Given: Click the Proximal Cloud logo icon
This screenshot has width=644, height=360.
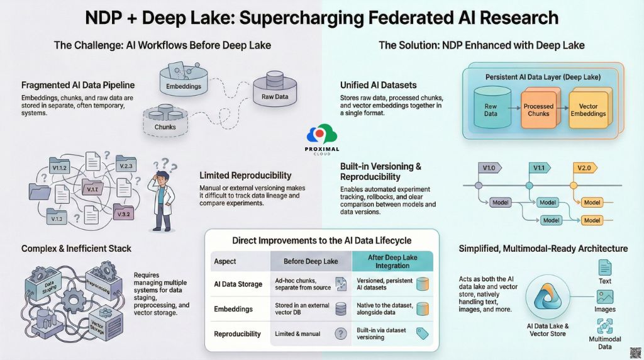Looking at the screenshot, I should tap(321, 135).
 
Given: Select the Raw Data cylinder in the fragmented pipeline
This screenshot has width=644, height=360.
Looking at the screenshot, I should tap(274, 89).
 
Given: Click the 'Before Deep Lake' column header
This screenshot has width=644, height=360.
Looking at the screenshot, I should tap(310, 261).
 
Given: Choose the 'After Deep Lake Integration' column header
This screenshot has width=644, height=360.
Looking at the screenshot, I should tap(392, 261).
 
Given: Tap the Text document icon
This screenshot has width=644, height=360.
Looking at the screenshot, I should tap(604, 267).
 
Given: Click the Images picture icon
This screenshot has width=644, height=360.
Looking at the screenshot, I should tap(604, 297).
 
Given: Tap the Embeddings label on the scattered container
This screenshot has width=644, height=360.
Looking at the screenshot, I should tap(183, 85).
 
